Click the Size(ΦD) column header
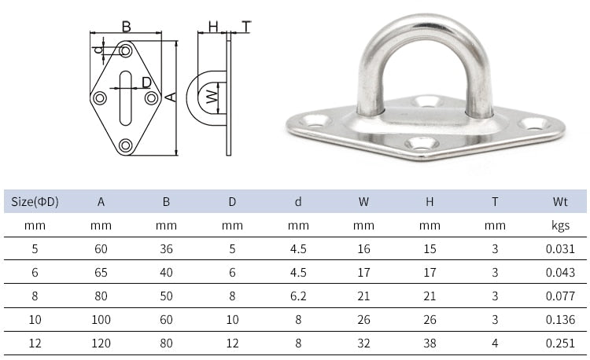coord(35,202)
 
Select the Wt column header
coord(560,202)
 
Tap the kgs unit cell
coord(560,226)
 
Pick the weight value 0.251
coord(560,343)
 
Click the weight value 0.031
coord(560,250)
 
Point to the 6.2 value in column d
coord(298,296)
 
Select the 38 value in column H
coord(430,343)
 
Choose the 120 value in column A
coord(101,343)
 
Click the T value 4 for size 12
coord(495,343)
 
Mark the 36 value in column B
coord(166,250)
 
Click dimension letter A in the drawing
coord(169,97)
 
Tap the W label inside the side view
coord(211,97)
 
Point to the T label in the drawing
coord(245,27)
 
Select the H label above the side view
coord(212,27)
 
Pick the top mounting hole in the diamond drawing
coord(126,51)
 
